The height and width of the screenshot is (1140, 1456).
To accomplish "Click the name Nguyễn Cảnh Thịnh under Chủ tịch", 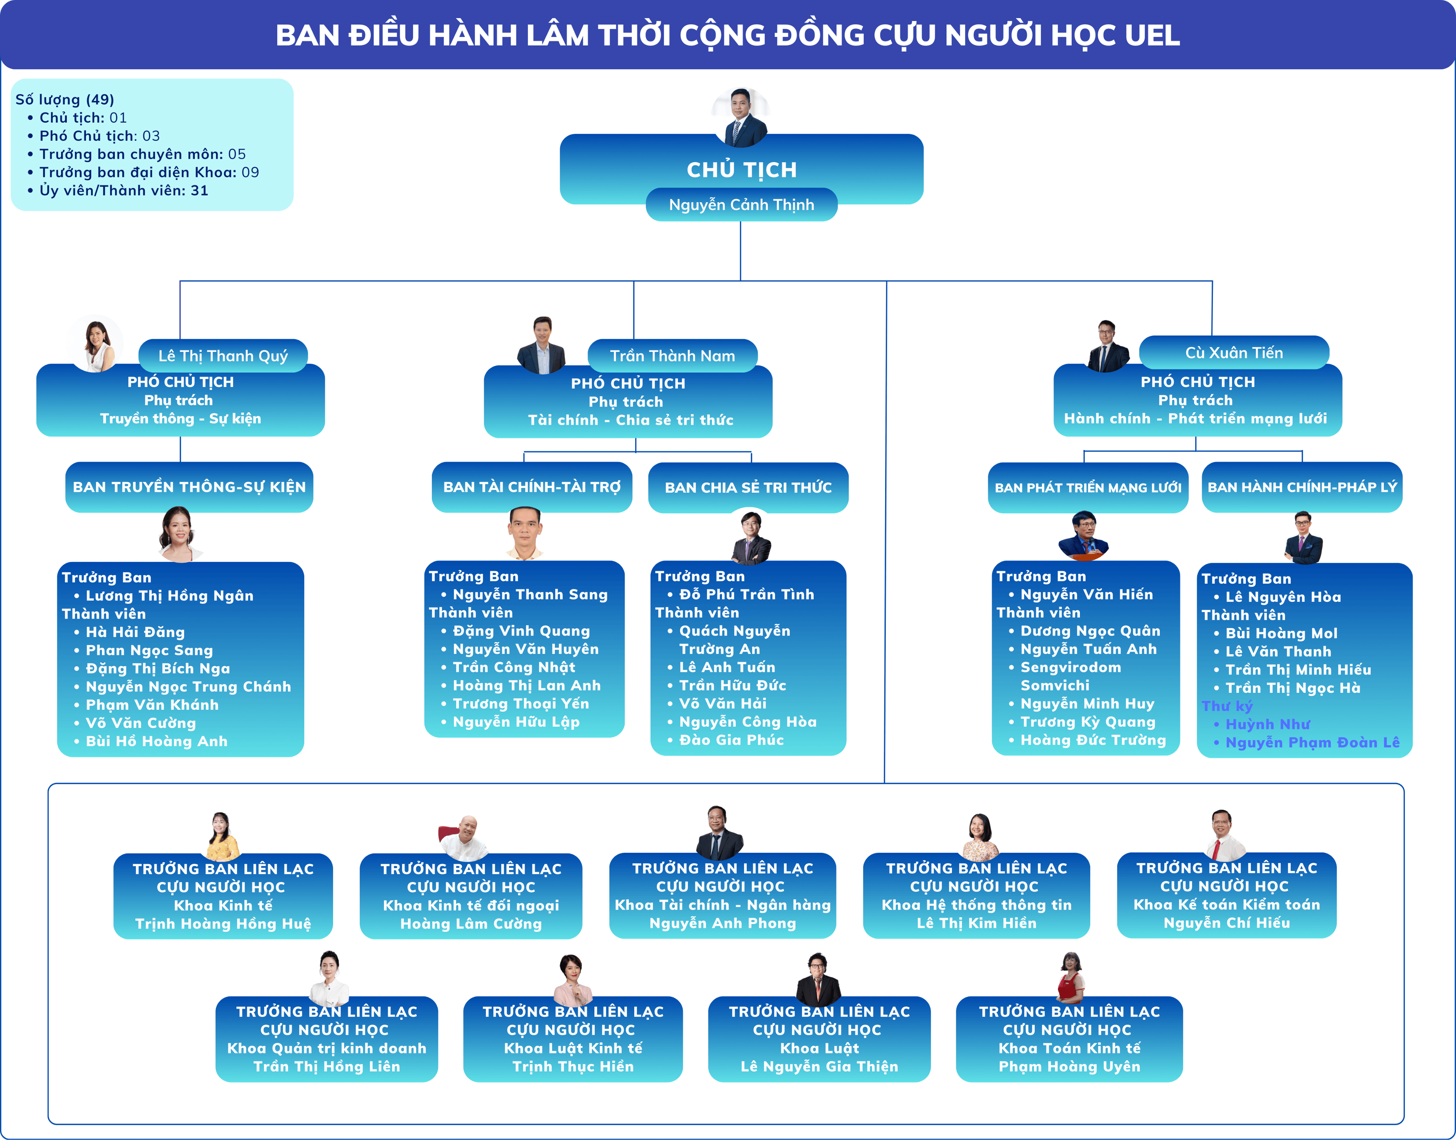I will point(741,205).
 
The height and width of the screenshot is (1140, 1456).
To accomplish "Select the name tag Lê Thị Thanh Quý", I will point(223,356).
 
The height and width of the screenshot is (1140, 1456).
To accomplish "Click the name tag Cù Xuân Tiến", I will point(1234,352).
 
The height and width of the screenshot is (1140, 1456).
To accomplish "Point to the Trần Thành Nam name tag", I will point(672,356).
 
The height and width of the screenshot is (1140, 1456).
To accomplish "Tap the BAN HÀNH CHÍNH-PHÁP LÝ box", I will point(1302,487).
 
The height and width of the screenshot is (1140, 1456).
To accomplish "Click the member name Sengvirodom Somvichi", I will point(1070,676).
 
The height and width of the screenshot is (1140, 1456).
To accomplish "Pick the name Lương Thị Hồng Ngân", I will point(170,595).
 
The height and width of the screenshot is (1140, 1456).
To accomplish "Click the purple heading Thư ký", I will point(1227,706).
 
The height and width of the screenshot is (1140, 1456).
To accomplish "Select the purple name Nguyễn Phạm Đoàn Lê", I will point(1312,742).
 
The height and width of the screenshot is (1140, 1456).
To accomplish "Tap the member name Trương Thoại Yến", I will point(520,703).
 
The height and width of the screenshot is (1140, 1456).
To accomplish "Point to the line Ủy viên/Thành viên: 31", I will point(123,191).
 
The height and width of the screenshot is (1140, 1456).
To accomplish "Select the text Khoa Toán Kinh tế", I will point(1069,1048).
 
